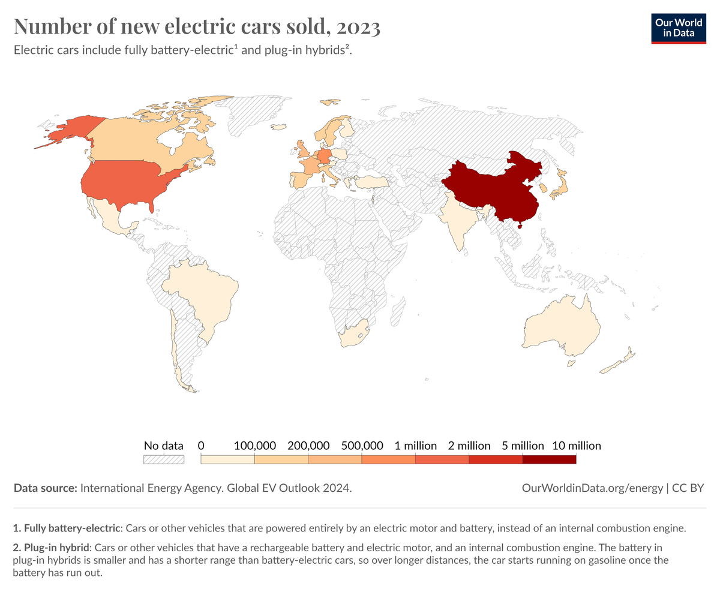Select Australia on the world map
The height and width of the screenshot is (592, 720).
click(561, 327)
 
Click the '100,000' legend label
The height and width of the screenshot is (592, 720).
click(255, 446)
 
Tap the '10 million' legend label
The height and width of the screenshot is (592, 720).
click(576, 446)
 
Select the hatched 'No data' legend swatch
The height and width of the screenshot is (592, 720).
click(163, 459)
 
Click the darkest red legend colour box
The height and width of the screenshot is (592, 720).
click(549, 459)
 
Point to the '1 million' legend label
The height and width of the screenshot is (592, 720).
click(415, 446)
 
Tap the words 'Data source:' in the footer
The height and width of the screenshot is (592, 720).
click(46, 488)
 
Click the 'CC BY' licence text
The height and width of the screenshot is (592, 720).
click(689, 488)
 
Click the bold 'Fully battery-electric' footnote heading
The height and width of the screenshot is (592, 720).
click(71, 528)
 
